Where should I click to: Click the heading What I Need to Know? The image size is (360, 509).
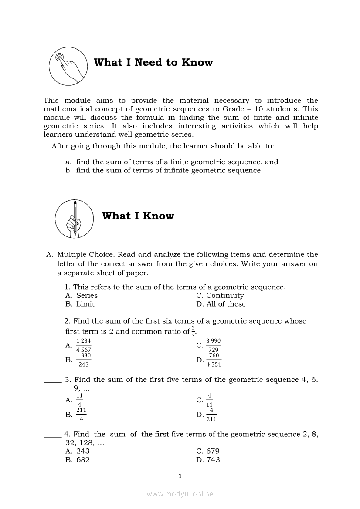click(x=153, y=63)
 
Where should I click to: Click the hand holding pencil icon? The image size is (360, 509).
click(x=74, y=219)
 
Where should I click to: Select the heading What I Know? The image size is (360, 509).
click(x=138, y=216)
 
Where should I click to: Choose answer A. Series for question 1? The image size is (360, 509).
click(x=82, y=296)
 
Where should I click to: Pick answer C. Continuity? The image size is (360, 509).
click(x=220, y=296)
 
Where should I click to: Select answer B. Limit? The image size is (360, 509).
click(x=80, y=304)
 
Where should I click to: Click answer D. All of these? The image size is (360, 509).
click(x=221, y=304)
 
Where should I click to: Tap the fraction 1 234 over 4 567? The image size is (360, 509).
click(x=83, y=345)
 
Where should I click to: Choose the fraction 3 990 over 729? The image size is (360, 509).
click(x=213, y=345)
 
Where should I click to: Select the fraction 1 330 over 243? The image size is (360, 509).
click(x=83, y=360)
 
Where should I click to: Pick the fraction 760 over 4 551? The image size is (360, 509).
click(x=214, y=360)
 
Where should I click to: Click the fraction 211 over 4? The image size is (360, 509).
click(x=81, y=415)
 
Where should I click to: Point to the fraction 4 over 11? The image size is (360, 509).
click(x=210, y=400)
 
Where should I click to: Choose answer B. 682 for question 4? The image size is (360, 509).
click(x=78, y=460)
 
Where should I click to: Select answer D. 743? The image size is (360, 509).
click(x=208, y=460)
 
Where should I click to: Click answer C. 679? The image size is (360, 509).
click(x=208, y=451)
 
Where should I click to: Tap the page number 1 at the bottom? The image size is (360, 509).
click(x=180, y=476)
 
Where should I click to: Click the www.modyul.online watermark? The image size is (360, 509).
click(x=180, y=494)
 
